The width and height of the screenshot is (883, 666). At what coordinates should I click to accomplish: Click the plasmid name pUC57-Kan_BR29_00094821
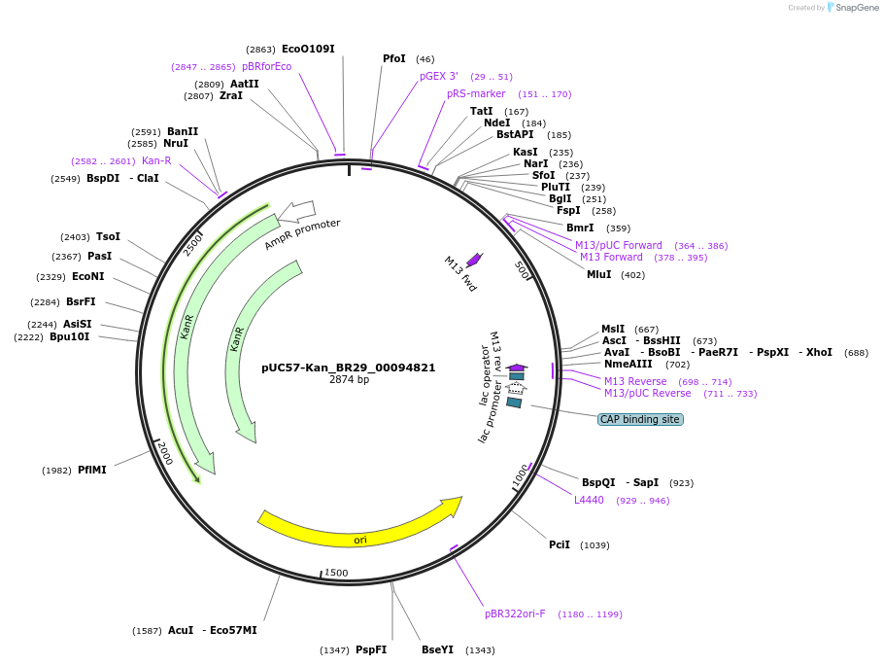coord(348,368)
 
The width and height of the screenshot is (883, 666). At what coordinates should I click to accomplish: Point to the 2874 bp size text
coord(349,380)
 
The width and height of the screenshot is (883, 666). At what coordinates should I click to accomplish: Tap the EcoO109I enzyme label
coord(309,49)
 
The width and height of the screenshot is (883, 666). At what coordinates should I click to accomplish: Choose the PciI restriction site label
coord(560,545)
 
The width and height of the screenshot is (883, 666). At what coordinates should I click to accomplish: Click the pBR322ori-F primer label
coord(515,613)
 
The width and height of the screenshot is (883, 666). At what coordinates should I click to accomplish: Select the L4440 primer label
coord(589,500)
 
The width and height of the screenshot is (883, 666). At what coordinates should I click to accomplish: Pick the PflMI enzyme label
coord(92,470)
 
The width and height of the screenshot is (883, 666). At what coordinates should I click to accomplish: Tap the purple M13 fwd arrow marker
coord(474,260)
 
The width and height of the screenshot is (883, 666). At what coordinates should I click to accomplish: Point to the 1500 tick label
coord(336,573)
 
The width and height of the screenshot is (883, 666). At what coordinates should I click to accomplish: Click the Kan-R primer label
coord(156,160)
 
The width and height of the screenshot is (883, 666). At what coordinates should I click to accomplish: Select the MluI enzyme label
coord(599,274)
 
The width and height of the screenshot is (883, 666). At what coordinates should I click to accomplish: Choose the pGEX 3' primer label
coord(439,76)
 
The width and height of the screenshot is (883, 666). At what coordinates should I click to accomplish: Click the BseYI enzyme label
coord(437,649)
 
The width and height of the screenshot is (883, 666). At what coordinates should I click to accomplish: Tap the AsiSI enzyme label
coord(78,324)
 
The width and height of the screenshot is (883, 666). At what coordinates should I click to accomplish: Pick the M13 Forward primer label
coord(611,257)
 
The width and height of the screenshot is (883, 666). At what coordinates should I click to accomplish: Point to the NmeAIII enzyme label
coord(628,364)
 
